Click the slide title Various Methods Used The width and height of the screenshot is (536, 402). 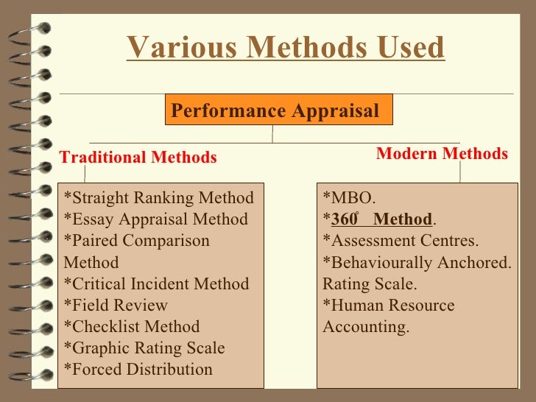click(286, 48)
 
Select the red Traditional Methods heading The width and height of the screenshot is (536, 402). click(138, 158)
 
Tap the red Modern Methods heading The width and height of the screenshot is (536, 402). click(442, 154)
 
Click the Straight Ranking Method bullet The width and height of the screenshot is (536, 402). click(159, 198)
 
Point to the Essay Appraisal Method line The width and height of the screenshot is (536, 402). click(156, 219)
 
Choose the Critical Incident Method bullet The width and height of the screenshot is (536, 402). click(157, 283)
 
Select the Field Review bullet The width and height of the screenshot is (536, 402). click(116, 305)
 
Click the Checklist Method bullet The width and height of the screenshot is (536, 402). click(132, 326)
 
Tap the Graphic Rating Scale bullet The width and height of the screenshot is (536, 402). click(144, 348)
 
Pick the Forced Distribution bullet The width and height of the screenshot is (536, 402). click(138, 369)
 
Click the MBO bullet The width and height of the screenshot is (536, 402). click(350, 198)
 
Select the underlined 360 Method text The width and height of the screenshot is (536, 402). click(381, 219)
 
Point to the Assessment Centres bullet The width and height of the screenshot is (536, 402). click(401, 241)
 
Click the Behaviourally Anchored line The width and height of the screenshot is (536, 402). click(417, 263)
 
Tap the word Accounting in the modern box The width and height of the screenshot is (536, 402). click(365, 326)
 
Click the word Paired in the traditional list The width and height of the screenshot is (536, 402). click(94, 241)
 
